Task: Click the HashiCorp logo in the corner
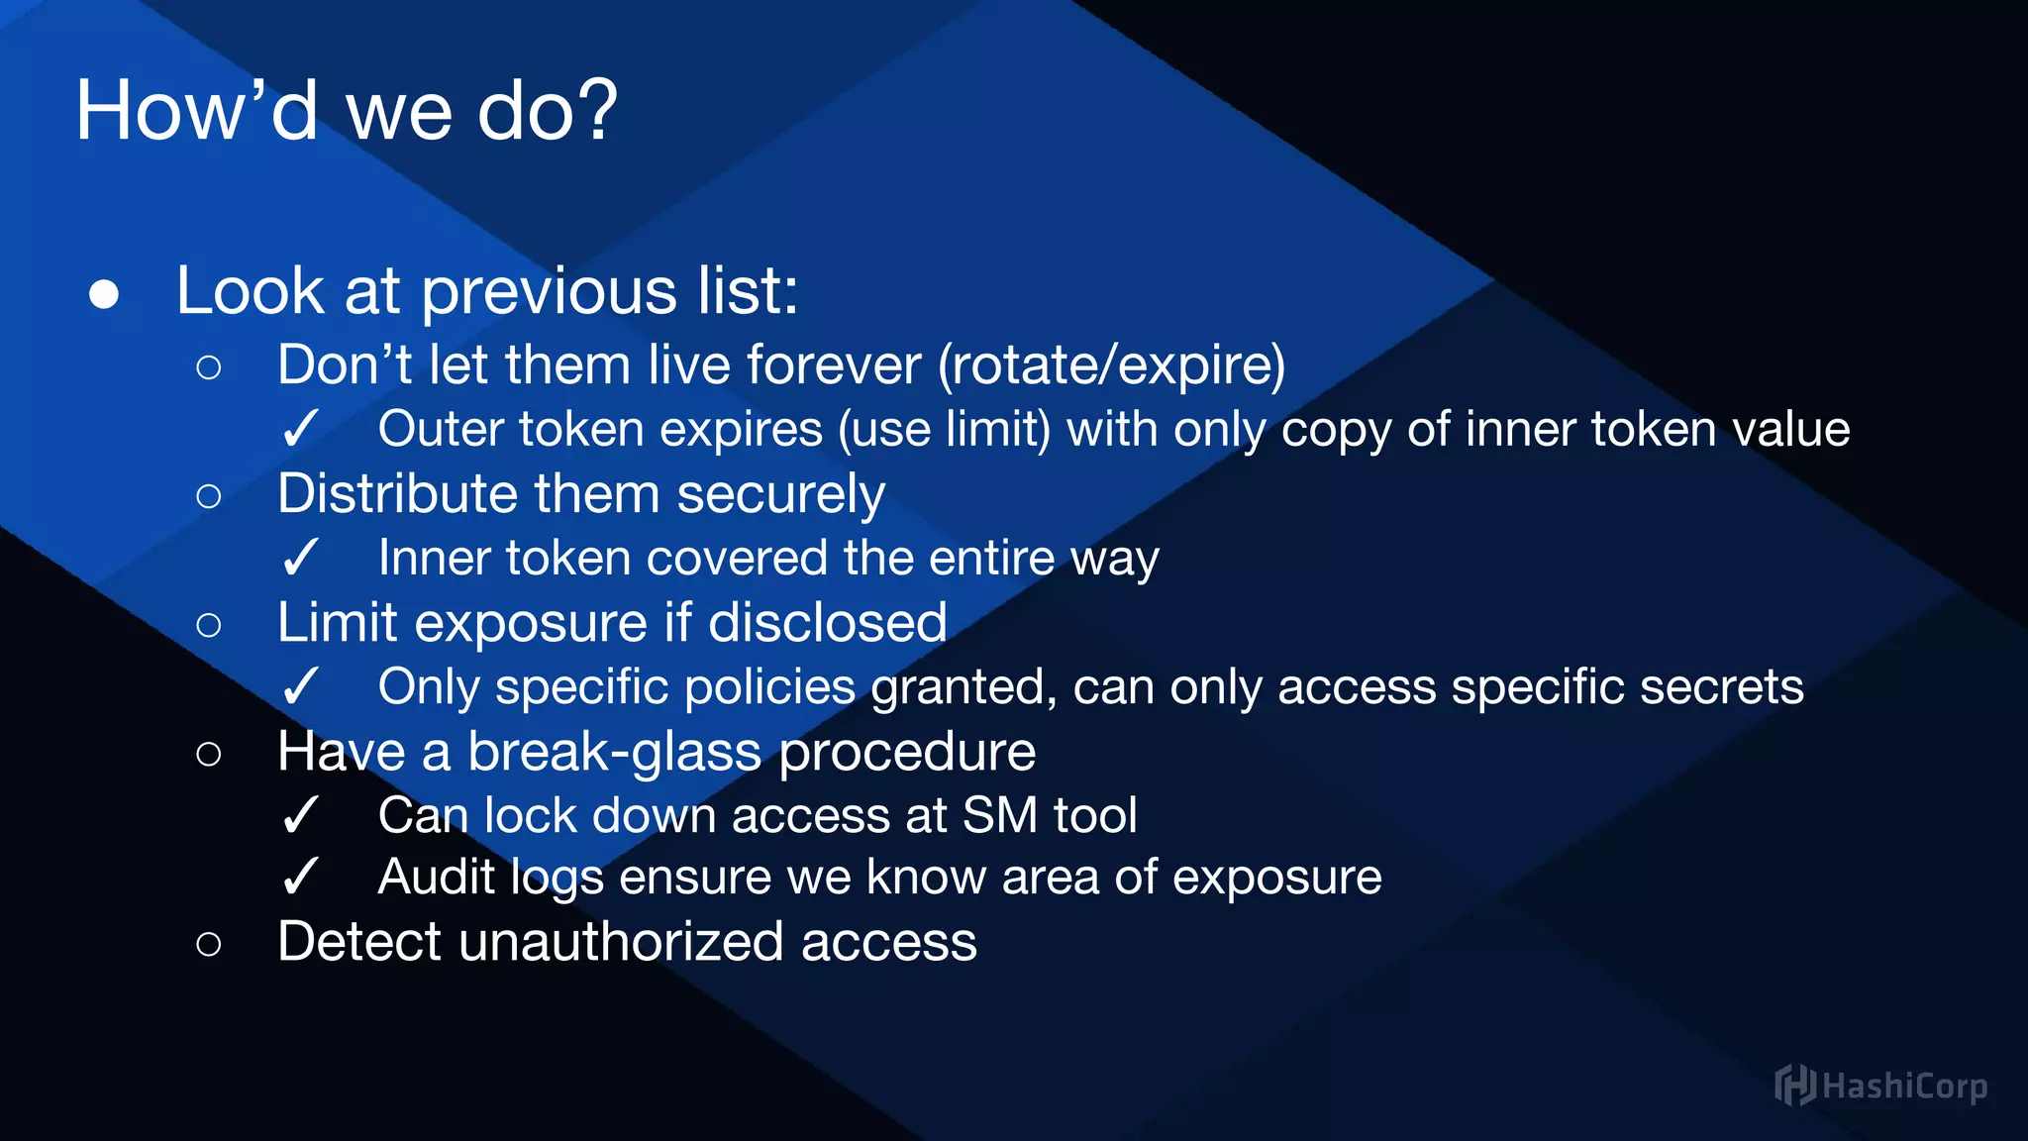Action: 1879,1086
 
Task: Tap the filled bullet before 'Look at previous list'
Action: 104,294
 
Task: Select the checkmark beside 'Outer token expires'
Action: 299,430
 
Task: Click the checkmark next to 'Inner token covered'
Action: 299,558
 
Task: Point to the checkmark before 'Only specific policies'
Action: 299,686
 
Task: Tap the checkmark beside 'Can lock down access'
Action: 299,816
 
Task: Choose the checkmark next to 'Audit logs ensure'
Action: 299,878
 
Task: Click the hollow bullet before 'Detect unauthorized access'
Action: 208,944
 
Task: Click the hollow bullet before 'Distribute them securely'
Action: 208,495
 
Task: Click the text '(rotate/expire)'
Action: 1111,364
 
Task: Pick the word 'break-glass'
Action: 615,751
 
